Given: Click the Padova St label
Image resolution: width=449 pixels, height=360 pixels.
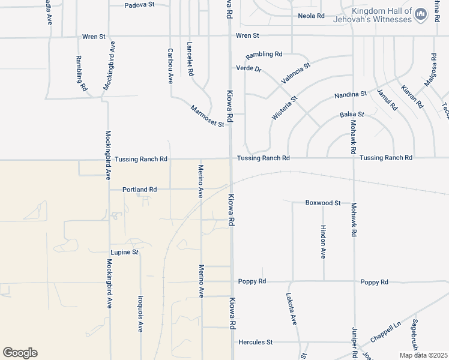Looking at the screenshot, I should pyautogui.click(x=140, y=4).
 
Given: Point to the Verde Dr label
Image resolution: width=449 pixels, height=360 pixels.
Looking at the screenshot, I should pyautogui.click(x=249, y=68).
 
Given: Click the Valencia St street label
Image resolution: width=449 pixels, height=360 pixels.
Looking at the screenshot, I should pyautogui.click(x=295, y=73).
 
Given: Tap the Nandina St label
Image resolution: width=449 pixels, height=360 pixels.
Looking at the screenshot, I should pyautogui.click(x=351, y=94).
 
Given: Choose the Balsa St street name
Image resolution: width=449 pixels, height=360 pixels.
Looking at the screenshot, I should pyautogui.click(x=352, y=114).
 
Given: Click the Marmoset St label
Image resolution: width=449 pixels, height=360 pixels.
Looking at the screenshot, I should pyautogui.click(x=207, y=116).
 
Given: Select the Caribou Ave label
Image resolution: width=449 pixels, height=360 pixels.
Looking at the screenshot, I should pyautogui.click(x=170, y=65).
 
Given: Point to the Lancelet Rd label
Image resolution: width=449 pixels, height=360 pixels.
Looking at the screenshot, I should pyautogui.click(x=190, y=59).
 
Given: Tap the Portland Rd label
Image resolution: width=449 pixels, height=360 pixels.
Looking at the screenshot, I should pyautogui.click(x=139, y=189).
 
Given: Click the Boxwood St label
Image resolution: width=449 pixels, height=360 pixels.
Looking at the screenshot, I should pyautogui.click(x=322, y=203).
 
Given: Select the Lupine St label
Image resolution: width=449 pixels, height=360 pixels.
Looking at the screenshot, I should pyautogui.click(x=124, y=252).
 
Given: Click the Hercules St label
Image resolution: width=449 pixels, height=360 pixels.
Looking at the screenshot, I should pyautogui.click(x=256, y=342).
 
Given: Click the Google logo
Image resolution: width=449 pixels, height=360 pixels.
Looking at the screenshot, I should pyautogui.click(x=20, y=353).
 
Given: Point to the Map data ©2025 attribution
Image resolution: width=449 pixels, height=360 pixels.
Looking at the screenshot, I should pyautogui.click(x=423, y=355).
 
